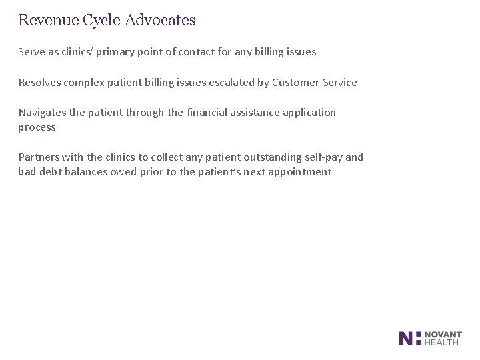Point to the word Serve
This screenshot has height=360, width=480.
coord(31,52)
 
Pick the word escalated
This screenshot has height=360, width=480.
coord(230,83)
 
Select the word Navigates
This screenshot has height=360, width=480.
coord(42,113)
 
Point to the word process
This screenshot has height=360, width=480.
coord(37,127)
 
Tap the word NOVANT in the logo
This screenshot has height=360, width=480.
coord(443,334)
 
